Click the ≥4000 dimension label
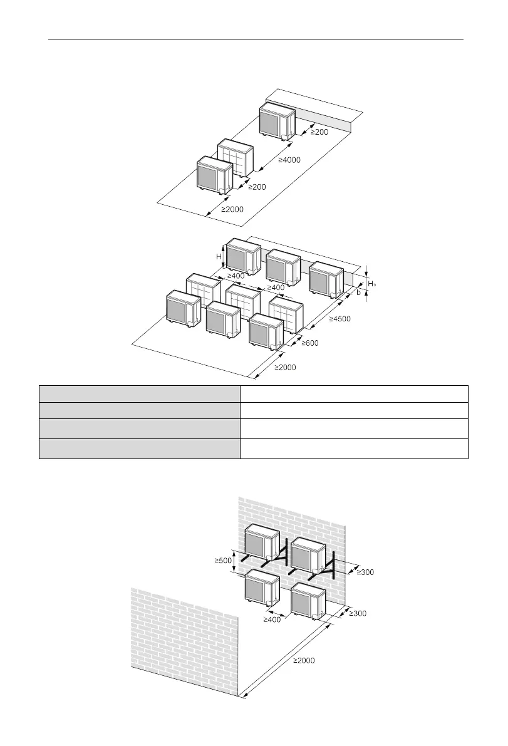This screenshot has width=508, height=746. (288, 160)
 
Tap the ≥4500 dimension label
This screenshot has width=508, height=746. (340, 319)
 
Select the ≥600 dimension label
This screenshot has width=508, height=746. (311, 343)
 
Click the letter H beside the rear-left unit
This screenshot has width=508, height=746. (219, 256)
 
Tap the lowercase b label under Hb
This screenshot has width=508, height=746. (358, 292)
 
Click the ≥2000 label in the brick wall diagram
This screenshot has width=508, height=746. (304, 660)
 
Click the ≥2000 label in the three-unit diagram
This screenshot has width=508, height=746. (232, 209)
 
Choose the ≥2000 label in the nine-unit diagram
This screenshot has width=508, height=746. (285, 368)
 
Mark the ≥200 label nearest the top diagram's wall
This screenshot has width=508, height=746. (319, 132)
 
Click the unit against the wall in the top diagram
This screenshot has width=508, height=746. (277, 121)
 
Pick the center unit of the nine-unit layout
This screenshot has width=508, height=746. (243, 300)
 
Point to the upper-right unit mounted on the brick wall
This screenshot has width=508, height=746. (309, 554)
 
